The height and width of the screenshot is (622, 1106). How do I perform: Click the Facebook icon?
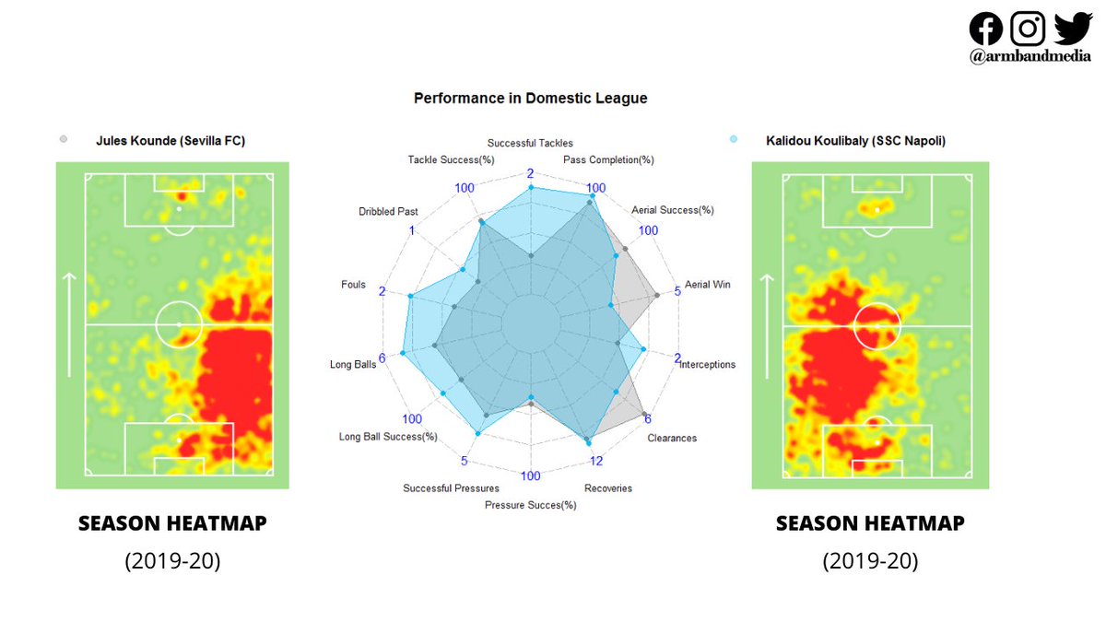(986, 28)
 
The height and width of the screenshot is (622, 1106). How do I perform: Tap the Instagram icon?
(1028, 28)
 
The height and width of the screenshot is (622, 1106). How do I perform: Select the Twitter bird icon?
(1072, 28)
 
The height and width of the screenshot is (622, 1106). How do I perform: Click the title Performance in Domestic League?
(530, 98)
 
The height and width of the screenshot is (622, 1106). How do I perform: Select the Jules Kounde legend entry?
(171, 141)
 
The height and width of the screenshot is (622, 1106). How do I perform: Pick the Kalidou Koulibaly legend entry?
(855, 141)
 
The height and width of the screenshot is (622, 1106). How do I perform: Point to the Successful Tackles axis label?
(530, 143)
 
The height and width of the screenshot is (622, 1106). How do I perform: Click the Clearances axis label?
(672, 438)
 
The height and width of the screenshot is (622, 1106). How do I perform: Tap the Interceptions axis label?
(707, 365)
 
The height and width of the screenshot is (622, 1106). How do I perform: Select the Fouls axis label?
(353, 285)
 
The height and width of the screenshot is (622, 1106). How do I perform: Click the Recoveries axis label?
(608, 487)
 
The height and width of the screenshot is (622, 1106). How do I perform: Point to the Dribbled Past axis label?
(388, 212)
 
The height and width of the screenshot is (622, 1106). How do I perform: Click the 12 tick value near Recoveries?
(596, 461)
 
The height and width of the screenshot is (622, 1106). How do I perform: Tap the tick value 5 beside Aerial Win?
(678, 291)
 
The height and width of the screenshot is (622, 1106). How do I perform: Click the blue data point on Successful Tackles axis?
(530, 188)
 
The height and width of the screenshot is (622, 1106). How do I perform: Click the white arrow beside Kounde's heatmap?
(70, 324)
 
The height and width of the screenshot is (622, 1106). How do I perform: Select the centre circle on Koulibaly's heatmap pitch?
(871, 325)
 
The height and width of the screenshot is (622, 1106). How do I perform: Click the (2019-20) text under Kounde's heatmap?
(172, 561)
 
